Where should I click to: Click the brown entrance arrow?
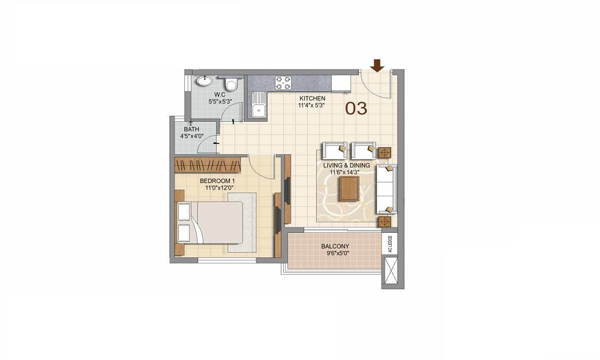(x=377, y=64)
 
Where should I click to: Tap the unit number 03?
(x=356, y=109)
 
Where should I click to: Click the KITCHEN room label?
(x=313, y=98)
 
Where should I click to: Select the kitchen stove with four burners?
(x=283, y=83)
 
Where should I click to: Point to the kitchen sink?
(x=259, y=109)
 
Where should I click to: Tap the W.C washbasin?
(x=205, y=82)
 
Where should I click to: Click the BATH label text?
(x=191, y=129)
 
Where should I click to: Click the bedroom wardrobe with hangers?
(x=210, y=165)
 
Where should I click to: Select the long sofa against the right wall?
(x=386, y=189)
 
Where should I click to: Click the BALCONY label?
(x=335, y=247)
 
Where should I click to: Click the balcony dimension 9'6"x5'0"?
(x=335, y=254)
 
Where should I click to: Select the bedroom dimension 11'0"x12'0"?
(x=218, y=187)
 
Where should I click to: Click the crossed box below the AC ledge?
(x=390, y=270)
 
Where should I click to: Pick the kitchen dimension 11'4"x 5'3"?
(x=312, y=106)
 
